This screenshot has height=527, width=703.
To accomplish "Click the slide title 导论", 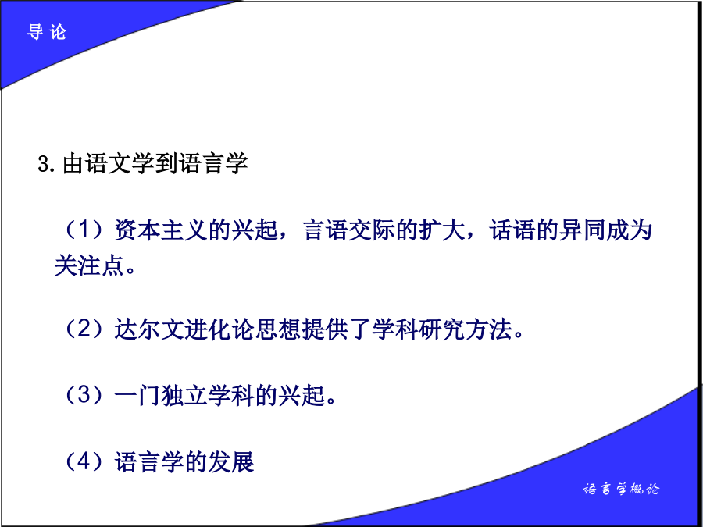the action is click(x=47, y=32).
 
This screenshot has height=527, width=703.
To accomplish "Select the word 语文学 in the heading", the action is click(x=108, y=163).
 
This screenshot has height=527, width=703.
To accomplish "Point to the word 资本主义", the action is click(x=161, y=230).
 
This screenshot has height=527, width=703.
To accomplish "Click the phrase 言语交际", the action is click(x=349, y=230).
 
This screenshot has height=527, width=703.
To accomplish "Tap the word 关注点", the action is click(x=89, y=265).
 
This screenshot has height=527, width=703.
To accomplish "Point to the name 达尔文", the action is click(x=149, y=329).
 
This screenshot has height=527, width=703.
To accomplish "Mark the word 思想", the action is click(x=278, y=329).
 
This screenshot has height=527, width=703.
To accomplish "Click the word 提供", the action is click(x=325, y=329).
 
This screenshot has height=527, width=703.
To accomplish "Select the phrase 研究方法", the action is click(x=466, y=329).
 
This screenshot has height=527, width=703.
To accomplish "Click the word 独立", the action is click(x=184, y=396).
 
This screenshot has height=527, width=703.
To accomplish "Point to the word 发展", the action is click(x=231, y=462).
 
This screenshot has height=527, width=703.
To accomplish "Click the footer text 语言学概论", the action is click(x=621, y=489).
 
